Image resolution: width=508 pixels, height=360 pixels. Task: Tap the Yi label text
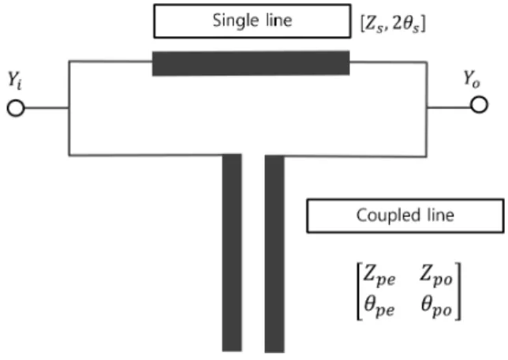point(15,81)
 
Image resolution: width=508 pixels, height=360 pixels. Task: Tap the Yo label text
point(472,80)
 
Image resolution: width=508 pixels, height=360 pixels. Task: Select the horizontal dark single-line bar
point(251,63)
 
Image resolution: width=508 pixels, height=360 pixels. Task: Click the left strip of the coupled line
point(232,253)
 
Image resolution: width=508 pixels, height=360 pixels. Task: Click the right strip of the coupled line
point(275,254)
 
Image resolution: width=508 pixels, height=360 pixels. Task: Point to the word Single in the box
point(232,21)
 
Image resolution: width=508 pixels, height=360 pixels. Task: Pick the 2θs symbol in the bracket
point(406,24)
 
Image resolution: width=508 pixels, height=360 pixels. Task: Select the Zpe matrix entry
point(379,276)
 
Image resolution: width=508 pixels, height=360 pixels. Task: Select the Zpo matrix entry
point(435,276)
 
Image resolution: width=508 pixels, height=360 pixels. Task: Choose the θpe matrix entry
point(379,306)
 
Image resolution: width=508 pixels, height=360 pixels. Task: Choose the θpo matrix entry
point(436,306)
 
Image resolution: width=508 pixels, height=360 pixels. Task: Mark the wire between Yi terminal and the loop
point(47,108)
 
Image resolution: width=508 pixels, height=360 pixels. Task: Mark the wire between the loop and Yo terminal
point(449,107)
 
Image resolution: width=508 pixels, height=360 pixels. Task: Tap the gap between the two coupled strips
point(253,253)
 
